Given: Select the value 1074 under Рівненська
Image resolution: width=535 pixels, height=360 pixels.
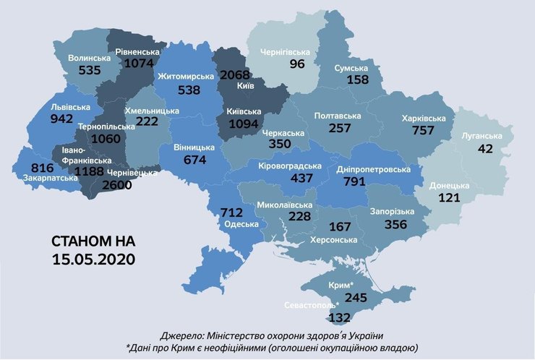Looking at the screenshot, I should [x=140, y=63].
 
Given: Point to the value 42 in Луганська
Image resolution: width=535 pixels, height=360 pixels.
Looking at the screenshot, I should [x=485, y=148].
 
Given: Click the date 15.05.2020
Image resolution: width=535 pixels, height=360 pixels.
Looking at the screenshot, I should [x=93, y=257].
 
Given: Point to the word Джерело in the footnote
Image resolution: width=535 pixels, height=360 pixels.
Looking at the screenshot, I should [x=183, y=335].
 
